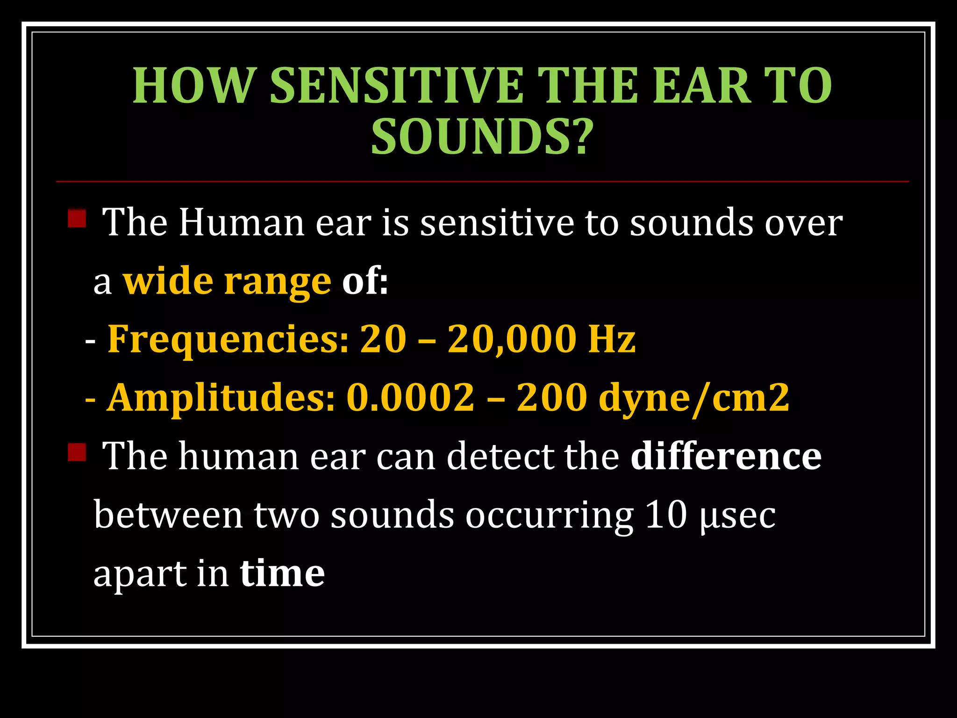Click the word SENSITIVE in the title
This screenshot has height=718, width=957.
point(396,86)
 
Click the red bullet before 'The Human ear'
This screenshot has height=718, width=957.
point(77,218)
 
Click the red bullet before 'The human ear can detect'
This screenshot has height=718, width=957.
point(77,452)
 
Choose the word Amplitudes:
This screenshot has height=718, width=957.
point(221,397)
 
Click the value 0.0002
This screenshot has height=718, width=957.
point(410,397)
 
